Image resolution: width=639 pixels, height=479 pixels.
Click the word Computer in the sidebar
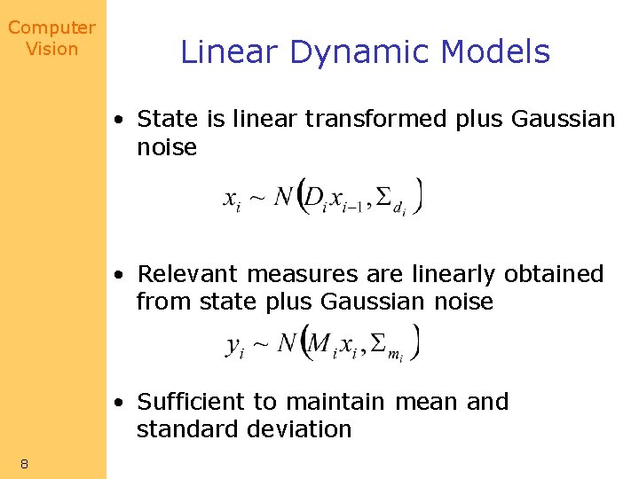(x=51, y=28)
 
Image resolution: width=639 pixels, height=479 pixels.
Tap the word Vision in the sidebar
(x=51, y=49)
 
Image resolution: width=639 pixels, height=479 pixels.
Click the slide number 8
(x=25, y=463)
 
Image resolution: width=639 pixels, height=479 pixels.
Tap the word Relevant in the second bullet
(x=188, y=274)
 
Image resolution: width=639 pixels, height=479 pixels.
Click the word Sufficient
(x=191, y=402)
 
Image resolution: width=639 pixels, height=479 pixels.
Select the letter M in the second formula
(x=319, y=342)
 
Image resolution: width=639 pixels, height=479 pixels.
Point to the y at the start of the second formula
(x=234, y=345)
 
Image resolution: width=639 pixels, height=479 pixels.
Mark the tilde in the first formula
(x=255, y=199)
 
